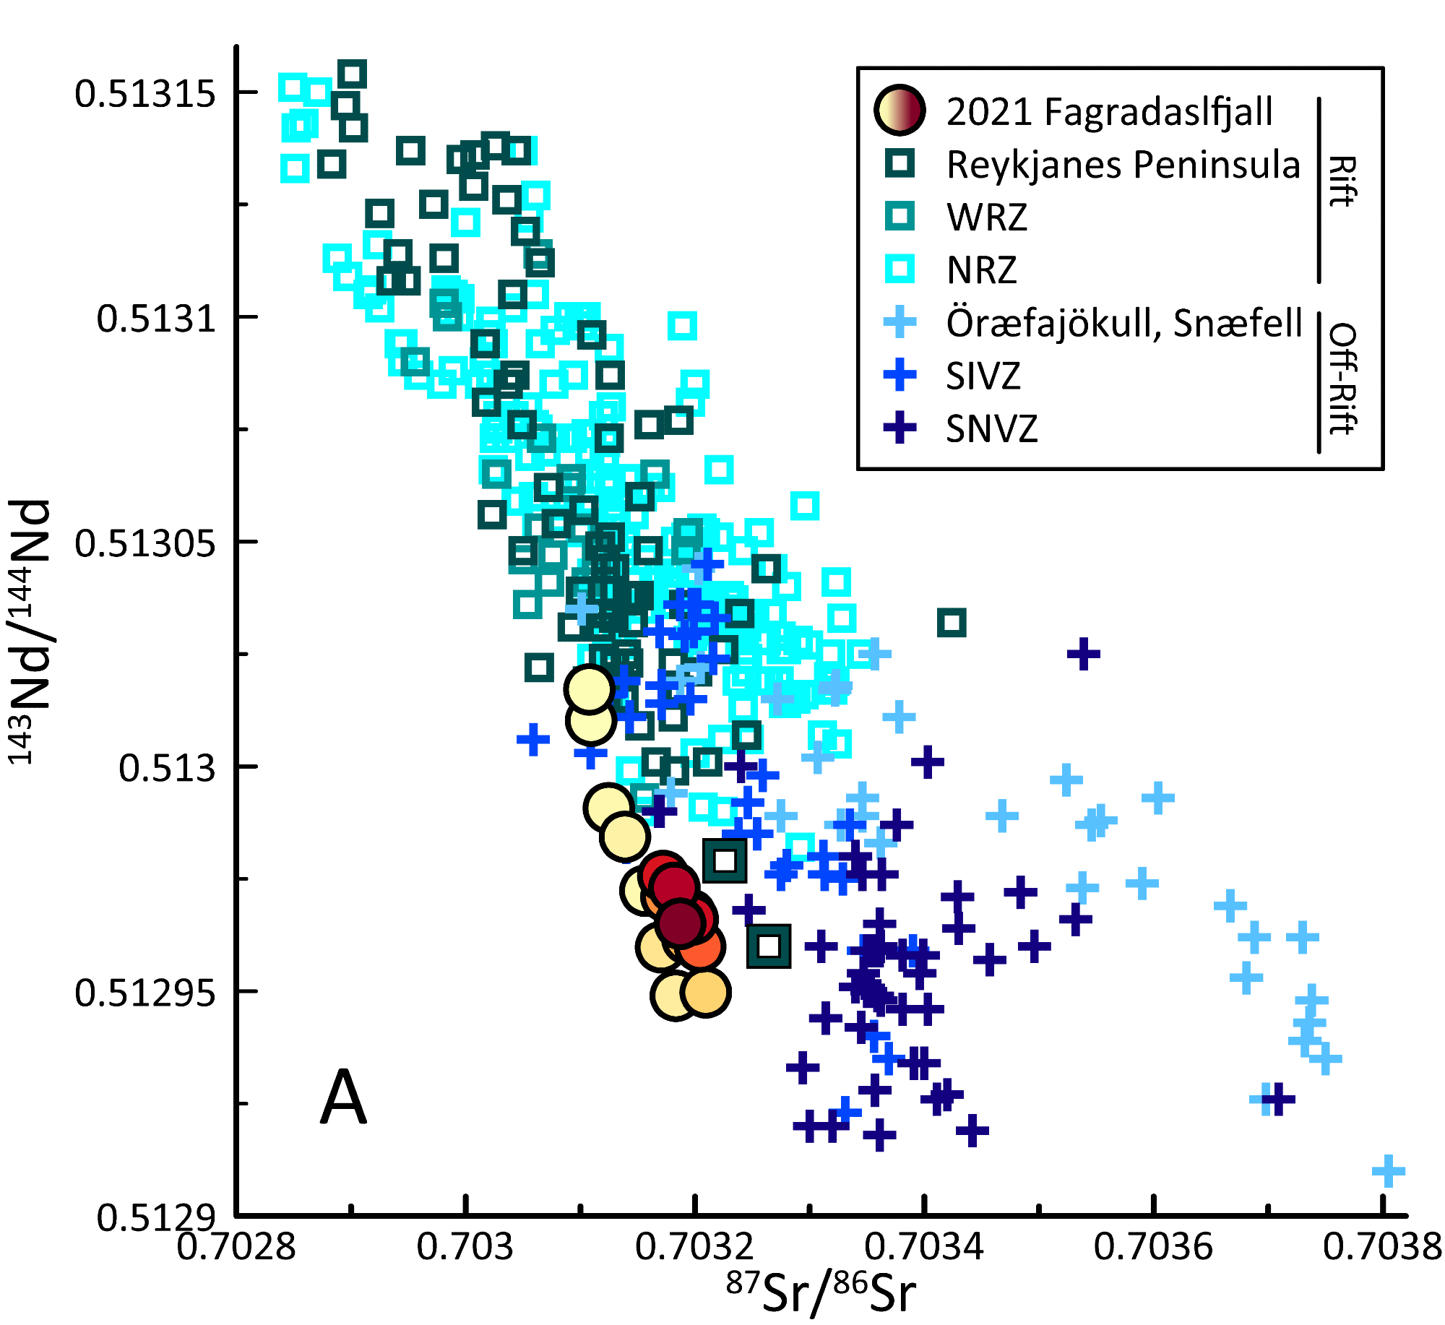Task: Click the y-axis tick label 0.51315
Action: point(145,94)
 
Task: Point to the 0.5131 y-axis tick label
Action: point(157,319)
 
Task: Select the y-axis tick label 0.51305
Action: point(145,543)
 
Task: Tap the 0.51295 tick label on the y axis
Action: point(145,993)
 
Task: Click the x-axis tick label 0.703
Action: point(465,1246)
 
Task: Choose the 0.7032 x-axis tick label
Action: point(694,1246)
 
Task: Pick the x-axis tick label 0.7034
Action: point(924,1246)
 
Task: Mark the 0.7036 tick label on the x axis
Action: point(1153,1246)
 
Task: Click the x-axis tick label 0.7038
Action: point(1382,1246)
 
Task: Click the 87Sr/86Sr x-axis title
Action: point(821,1293)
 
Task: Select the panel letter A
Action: point(343,1097)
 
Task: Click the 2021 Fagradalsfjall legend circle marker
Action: point(900,111)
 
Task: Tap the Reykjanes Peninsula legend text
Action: point(1123,165)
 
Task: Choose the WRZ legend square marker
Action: point(900,216)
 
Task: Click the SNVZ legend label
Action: point(992,429)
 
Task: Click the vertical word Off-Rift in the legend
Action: point(1342,379)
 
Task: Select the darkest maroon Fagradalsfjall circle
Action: point(680,923)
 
